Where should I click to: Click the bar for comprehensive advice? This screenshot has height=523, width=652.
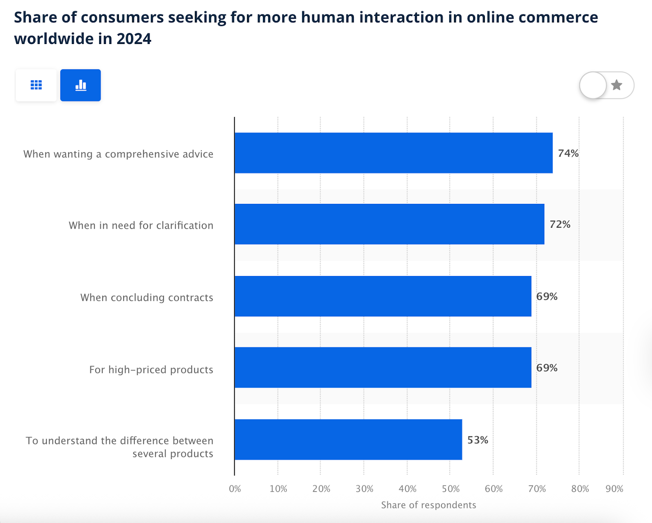[x=394, y=153]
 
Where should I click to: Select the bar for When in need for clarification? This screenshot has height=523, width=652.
[x=390, y=224]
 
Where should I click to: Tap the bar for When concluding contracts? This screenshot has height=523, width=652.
[x=383, y=296]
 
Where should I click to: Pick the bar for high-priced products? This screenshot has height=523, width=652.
[x=383, y=368]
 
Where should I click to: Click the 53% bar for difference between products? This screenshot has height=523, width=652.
[x=348, y=439]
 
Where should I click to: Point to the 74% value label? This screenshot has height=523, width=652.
[x=568, y=153]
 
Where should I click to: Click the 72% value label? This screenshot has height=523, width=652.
[x=560, y=225]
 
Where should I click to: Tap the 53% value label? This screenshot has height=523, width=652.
[x=478, y=440]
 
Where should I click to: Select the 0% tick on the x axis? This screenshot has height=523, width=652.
[x=235, y=489]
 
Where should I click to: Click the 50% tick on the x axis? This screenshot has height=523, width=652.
[x=451, y=489]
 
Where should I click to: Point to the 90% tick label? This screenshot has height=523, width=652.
[x=614, y=489]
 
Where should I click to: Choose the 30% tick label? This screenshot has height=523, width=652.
[x=364, y=489]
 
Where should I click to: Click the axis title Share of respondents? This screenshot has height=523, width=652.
[x=428, y=505]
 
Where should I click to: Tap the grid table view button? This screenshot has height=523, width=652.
[x=36, y=85]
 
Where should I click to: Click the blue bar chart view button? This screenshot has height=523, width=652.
[x=81, y=85]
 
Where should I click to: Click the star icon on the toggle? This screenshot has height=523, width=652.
[x=617, y=85]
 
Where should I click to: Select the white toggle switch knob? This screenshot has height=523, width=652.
[x=593, y=85]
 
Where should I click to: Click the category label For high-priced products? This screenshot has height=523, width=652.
[x=151, y=370]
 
